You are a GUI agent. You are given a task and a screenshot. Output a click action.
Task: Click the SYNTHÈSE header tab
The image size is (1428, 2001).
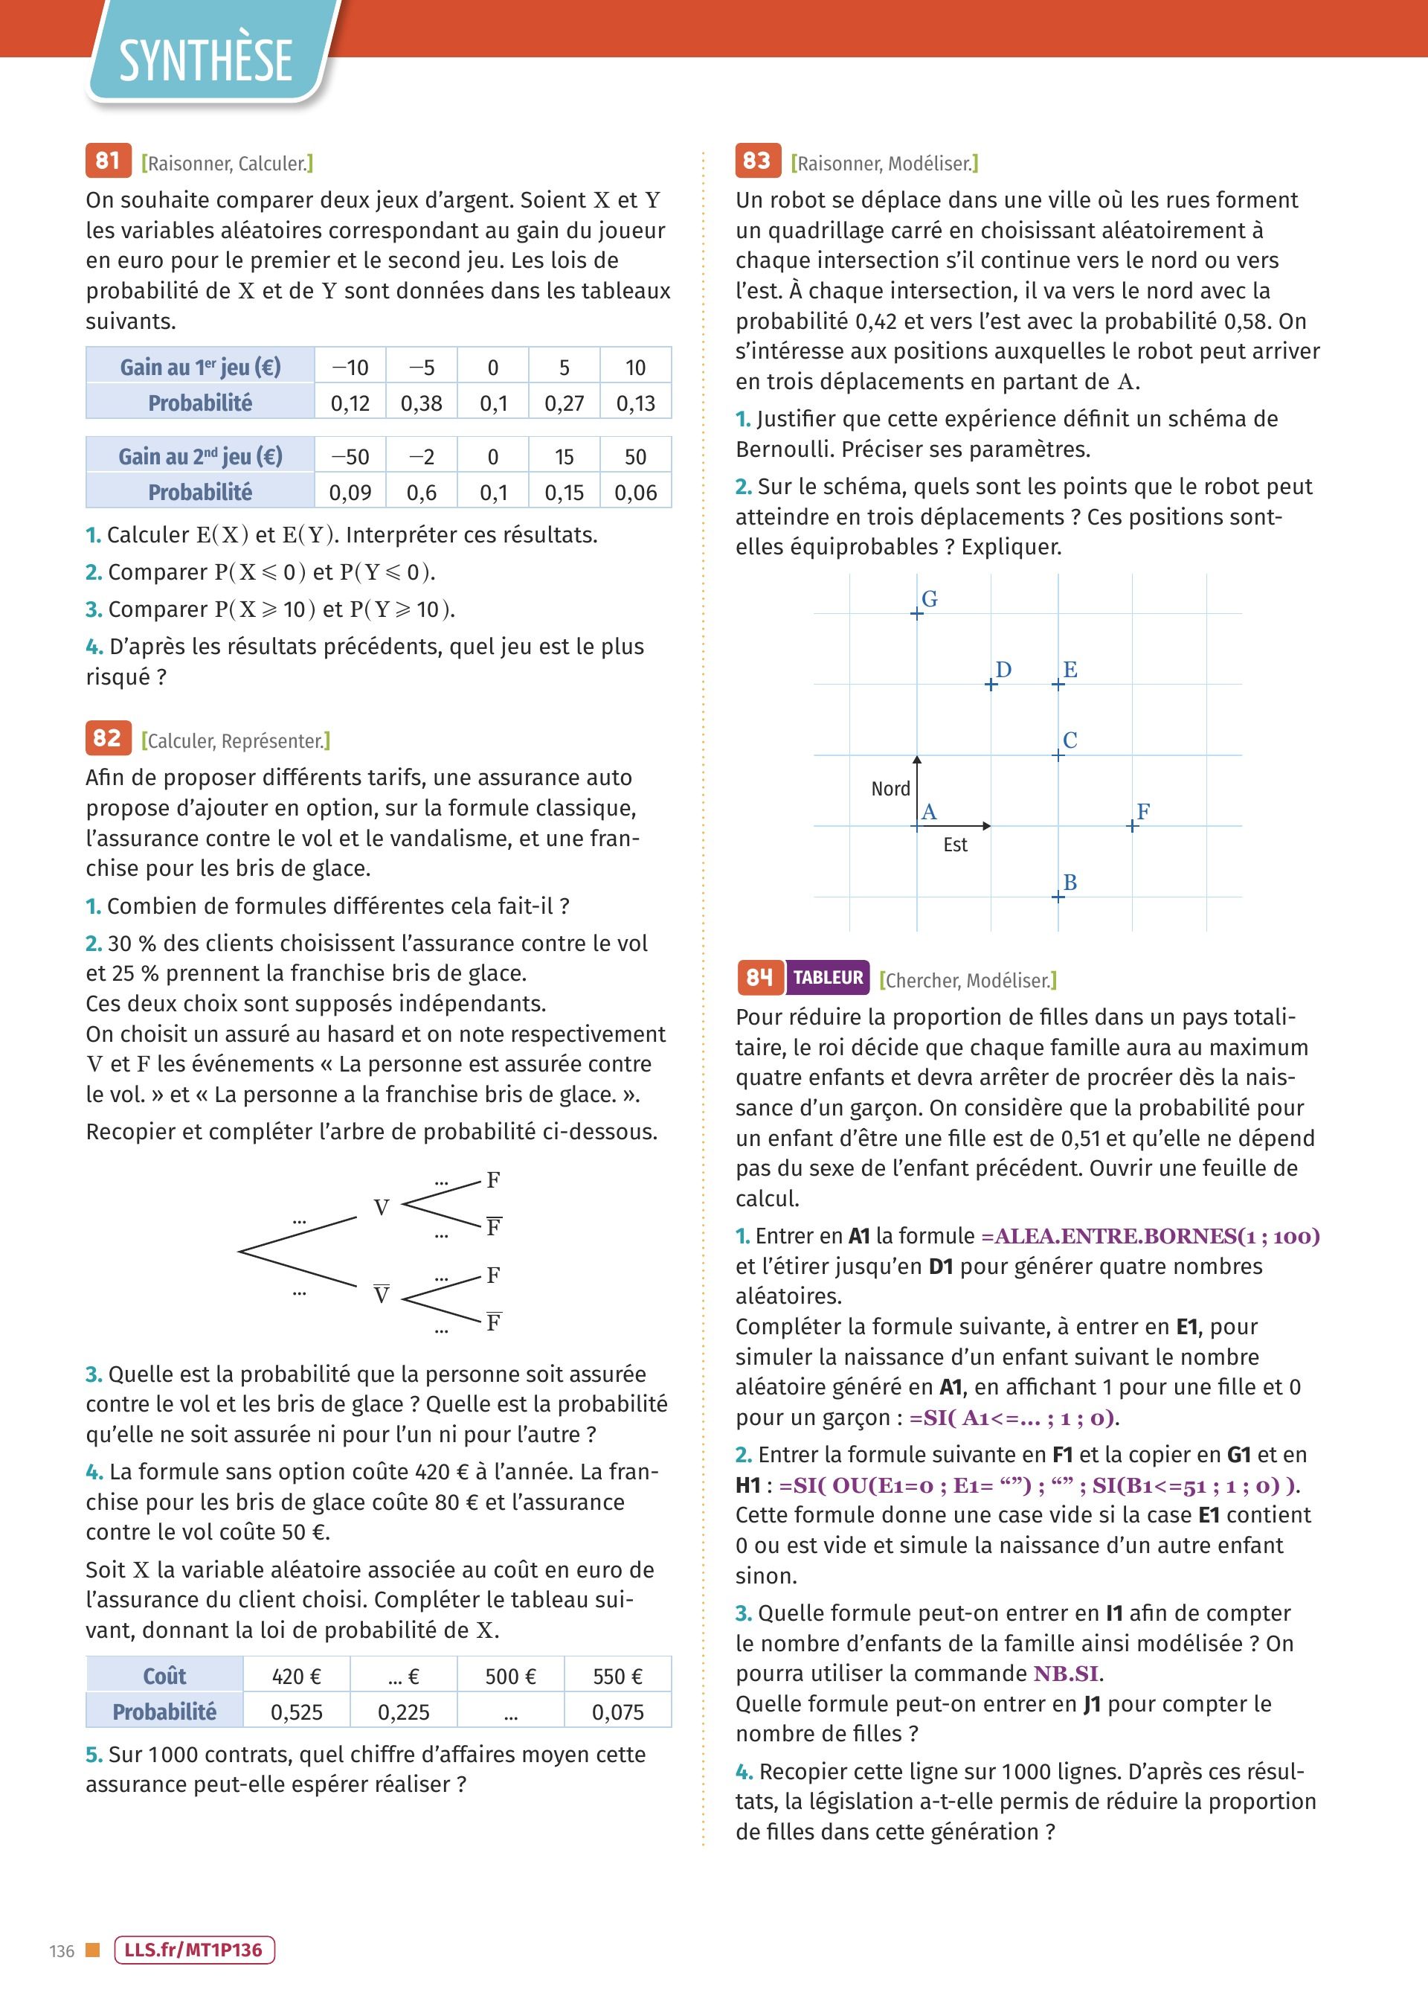coord(206,60)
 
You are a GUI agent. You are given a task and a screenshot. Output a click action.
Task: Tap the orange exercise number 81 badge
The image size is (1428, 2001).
coord(108,160)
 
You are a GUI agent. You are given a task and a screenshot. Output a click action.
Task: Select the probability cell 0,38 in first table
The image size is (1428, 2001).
coord(421,403)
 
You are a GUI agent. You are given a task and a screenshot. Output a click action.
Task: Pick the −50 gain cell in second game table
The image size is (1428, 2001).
coord(350,456)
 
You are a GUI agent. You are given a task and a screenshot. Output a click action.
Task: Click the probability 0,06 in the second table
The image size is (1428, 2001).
coord(635,493)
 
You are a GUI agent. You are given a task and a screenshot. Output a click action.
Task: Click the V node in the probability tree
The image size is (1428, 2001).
coord(381,1208)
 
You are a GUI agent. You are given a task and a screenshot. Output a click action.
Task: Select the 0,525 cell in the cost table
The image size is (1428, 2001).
coord(296,1712)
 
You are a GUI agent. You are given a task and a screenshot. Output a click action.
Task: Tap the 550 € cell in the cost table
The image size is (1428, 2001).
coord(617,1676)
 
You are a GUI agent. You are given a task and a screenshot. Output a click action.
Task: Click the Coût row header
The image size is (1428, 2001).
coord(164,1676)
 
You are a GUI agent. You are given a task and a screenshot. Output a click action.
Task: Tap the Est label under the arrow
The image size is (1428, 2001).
coord(955,845)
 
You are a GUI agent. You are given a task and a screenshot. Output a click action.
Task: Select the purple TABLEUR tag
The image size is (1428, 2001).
coord(828,977)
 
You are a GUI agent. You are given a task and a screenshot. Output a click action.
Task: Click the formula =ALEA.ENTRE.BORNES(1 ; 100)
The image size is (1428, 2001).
coord(1150,1236)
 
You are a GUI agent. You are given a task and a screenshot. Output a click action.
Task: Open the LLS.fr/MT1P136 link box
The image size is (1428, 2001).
coord(194,1950)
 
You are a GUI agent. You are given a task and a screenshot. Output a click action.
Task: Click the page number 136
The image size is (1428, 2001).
coord(62,1952)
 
